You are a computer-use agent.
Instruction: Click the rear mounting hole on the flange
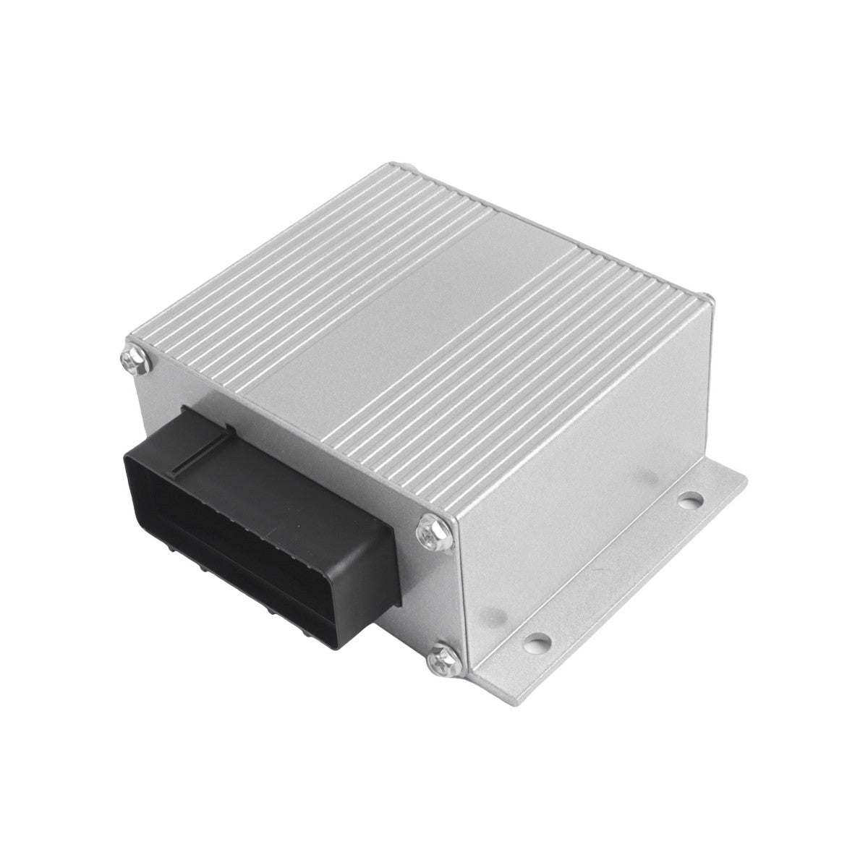[x=693, y=498]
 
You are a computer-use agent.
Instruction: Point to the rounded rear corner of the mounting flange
[x=741, y=477]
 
